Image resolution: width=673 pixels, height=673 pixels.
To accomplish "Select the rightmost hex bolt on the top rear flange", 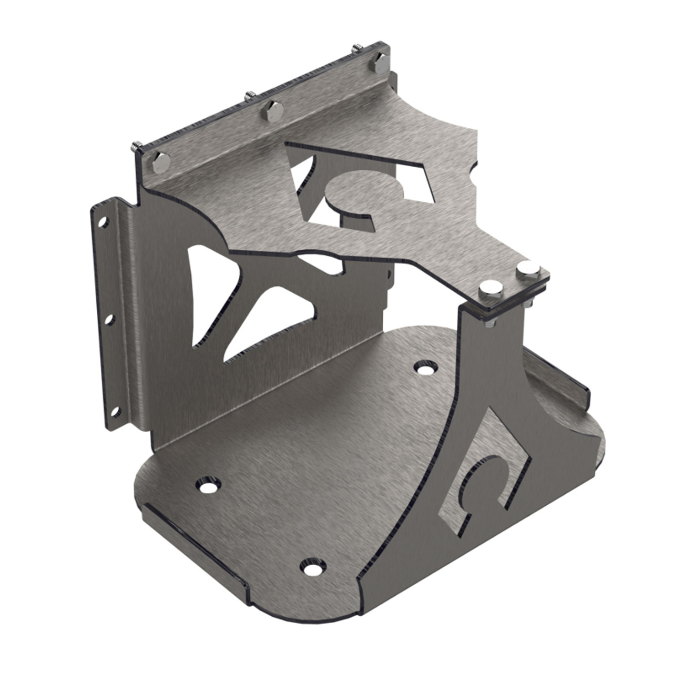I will tap(380, 62).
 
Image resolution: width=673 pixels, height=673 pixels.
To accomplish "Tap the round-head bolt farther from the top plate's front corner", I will tap(526, 269).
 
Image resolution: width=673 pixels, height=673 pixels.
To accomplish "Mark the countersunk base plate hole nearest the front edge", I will tap(312, 567).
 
